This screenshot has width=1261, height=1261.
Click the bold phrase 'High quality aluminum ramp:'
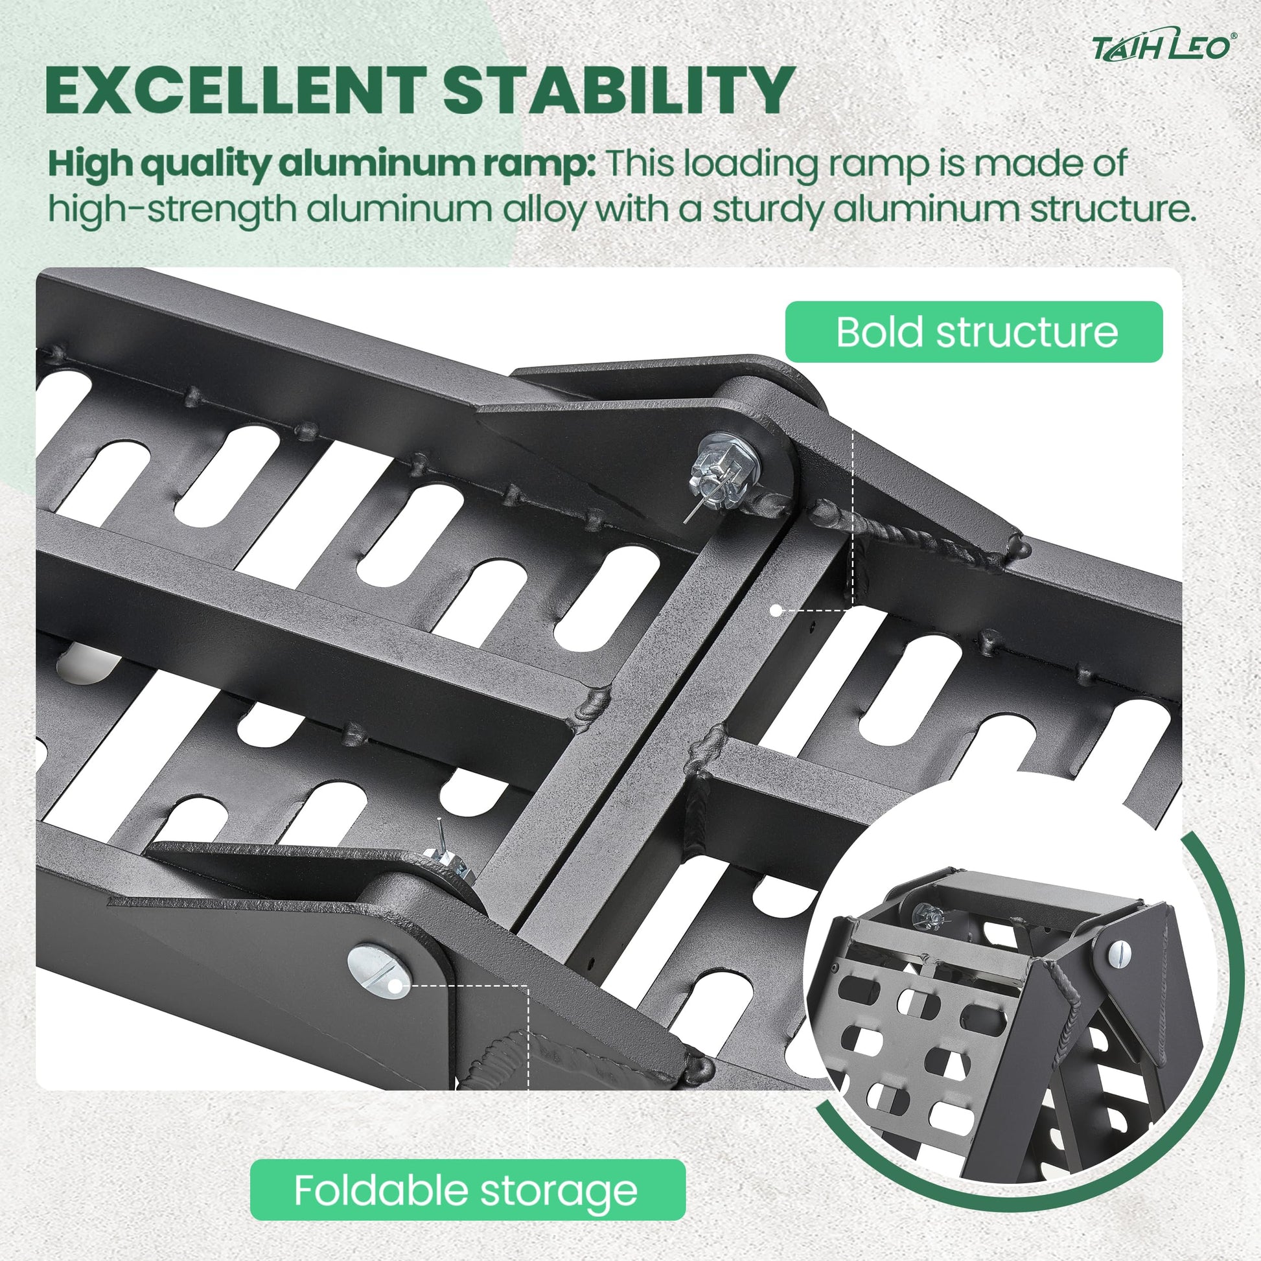(x=322, y=165)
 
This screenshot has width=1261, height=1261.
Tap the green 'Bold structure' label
(x=975, y=332)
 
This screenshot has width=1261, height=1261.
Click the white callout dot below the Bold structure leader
(x=776, y=611)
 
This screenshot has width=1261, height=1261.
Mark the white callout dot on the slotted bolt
(x=395, y=986)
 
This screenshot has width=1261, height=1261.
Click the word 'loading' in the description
(x=750, y=165)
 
